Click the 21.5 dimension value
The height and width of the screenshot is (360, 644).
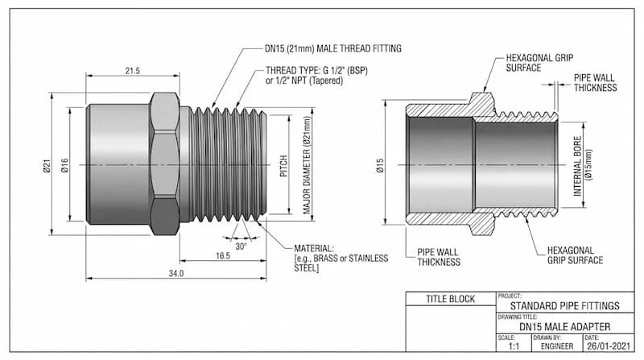(132, 71)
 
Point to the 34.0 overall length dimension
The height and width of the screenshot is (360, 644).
(176, 273)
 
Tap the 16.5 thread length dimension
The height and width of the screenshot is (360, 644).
(223, 255)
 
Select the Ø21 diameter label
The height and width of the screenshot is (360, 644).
(47, 165)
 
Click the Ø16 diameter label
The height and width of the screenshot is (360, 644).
(65, 165)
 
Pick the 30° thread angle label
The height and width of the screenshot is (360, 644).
(241, 246)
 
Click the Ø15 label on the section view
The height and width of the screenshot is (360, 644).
(380, 165)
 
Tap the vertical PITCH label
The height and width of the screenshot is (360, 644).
(283, 166)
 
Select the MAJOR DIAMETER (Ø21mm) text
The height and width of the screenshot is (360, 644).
(307, 165)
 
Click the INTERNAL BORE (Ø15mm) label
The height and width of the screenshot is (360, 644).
(583, 166)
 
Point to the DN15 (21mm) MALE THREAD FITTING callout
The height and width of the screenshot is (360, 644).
(333, 48)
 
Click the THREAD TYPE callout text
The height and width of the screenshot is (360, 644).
(316, 76)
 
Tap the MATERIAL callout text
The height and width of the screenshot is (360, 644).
(341, 259)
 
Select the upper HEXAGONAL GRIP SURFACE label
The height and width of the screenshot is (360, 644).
(539, 63)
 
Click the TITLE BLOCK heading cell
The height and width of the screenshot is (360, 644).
(451, 299)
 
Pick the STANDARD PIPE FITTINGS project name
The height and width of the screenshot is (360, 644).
(565, 306)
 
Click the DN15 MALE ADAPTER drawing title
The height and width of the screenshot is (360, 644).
(565, 327)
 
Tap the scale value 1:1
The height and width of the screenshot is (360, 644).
(514, 346)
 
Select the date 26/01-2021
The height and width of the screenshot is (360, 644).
(609, 346)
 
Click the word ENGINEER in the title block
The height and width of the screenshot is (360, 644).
(557, 346)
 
